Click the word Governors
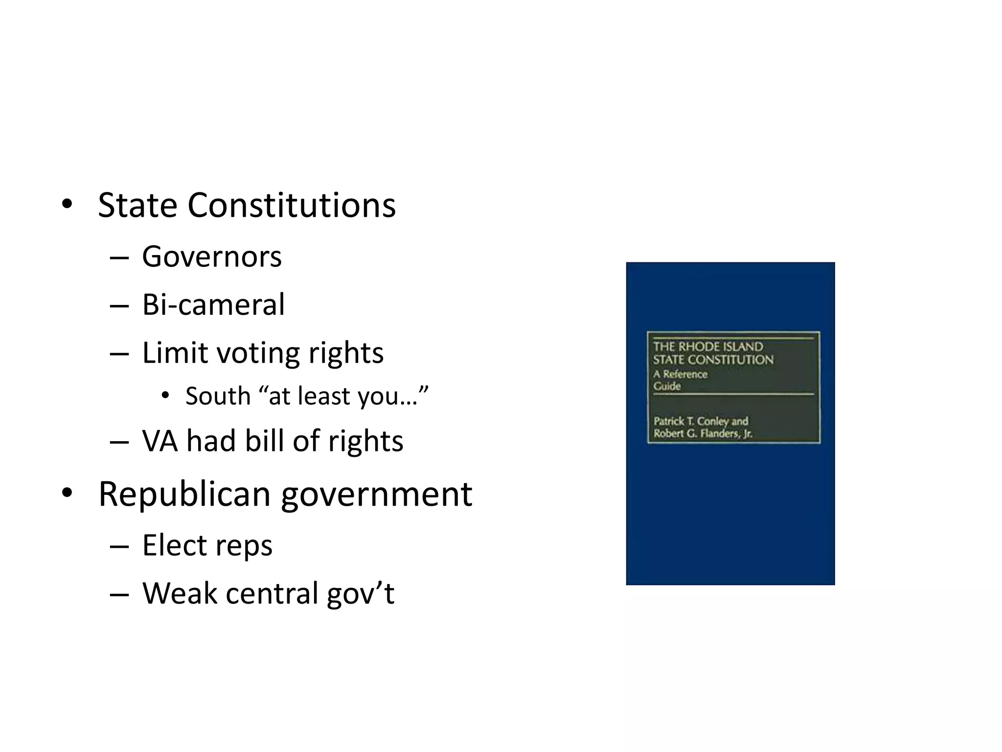[x=212, y=257]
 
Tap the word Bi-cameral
[x=213, y=305]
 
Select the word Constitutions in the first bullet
[x=292, y=205]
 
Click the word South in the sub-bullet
[x=218, y=396]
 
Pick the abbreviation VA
[x=159, y=441]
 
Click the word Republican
[x=184, y=494]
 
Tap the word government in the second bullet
[x=377, y=495]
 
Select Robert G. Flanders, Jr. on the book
[x=703, y=434]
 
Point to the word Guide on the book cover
[x=667, y=386]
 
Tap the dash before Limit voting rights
[x=119, y=353]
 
